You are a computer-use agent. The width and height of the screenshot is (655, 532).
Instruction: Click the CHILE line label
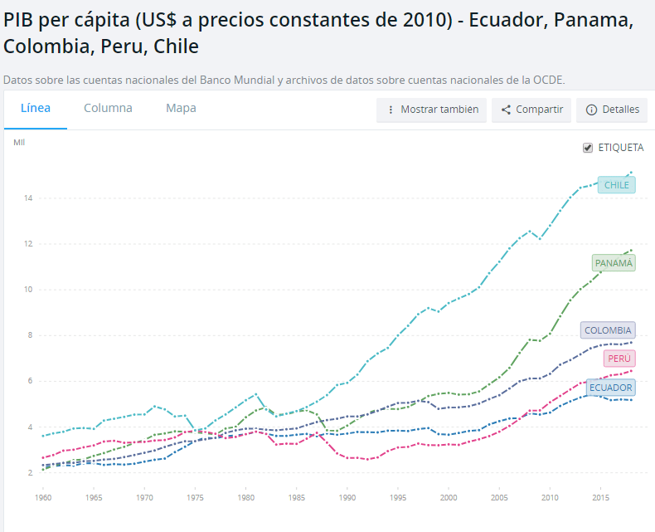[616, 185]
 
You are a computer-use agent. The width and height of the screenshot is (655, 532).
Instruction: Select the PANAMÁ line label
[614, 263]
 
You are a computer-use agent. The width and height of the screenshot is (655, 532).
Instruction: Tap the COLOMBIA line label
[608, 330]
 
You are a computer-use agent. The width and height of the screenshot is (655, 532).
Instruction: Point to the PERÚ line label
[619, 359]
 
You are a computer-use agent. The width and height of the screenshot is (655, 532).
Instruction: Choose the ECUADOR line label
[610, 388]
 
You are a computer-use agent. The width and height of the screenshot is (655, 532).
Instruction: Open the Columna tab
[108, 108]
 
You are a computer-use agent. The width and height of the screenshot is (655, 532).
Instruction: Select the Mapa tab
[181, 108]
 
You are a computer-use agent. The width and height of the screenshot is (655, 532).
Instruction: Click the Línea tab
[36, 108]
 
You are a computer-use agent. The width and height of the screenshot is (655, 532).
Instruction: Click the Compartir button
[531, 110]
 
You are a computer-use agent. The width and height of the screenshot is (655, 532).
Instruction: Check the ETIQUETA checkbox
[589, 148]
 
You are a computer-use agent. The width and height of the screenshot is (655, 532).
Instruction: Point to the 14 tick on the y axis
[28, 198]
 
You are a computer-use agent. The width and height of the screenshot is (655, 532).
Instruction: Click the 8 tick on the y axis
[30, 335]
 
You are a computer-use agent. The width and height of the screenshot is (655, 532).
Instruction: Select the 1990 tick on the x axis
[347, 497]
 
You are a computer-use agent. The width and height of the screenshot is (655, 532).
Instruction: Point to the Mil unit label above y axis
[19, 143]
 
